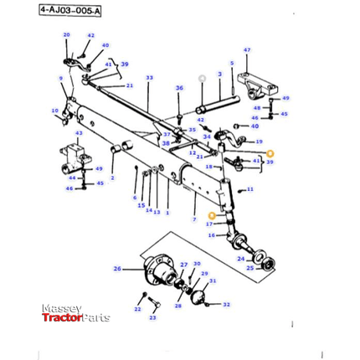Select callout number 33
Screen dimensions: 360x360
[x=149, y=78]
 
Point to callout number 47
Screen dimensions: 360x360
[x=247, y=50]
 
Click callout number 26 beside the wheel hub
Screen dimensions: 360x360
[x=116, y=269]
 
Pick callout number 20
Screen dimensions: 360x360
[x=67, y=35]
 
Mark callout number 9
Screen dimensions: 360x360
[x=60, y=79]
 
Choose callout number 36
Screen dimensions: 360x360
[x=179, y=88]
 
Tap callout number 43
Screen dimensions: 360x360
[x=79, y=133]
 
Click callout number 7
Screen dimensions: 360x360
[x=193, y=219]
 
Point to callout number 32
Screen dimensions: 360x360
[x=226, y=305]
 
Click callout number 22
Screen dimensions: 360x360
[x=137, y=310]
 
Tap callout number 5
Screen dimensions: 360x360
[x=232, y=63]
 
